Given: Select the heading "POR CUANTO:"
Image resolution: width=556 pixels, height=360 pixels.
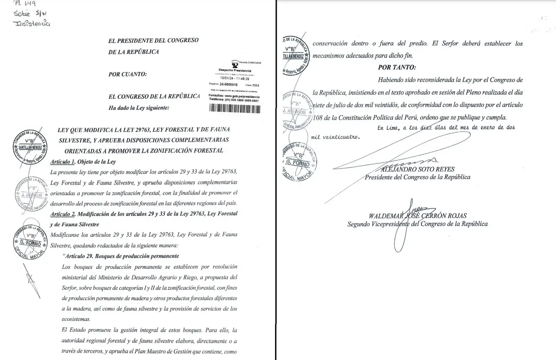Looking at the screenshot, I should (128, 74).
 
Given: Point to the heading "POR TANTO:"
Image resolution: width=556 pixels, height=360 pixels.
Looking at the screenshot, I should (397, 67).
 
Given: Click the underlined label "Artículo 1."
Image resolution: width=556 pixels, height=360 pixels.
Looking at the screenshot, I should (63, 162).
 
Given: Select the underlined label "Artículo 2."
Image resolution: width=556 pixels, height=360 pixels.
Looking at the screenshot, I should (63, 214).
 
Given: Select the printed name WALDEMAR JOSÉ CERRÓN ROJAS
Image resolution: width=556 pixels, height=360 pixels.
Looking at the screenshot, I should (417, 216).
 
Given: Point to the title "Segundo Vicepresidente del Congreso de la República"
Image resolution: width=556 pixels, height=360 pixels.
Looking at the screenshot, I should (417, 224).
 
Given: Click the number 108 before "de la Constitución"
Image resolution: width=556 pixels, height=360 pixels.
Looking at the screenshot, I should (319, 118).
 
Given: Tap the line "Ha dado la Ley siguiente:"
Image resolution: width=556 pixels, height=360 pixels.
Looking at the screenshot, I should (139, 108).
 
